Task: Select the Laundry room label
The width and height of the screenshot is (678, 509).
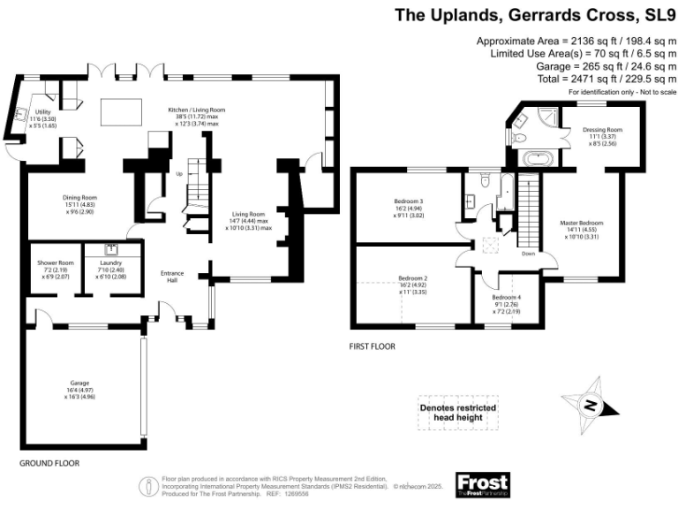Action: tap(110, 262)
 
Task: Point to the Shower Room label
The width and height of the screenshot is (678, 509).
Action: tap(55, 262)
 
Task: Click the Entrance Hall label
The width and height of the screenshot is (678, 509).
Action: tap(171, 277)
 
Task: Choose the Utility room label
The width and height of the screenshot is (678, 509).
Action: tap(43, 112)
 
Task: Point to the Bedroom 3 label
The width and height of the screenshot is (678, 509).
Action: tap(408, 201)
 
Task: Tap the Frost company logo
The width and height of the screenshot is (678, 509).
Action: tap(482, 485)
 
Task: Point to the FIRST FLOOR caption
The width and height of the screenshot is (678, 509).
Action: tap(372, 346)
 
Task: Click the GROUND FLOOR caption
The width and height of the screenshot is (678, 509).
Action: tap(49, 463)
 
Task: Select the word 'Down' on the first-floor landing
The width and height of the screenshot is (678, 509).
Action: tap(528, 253)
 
